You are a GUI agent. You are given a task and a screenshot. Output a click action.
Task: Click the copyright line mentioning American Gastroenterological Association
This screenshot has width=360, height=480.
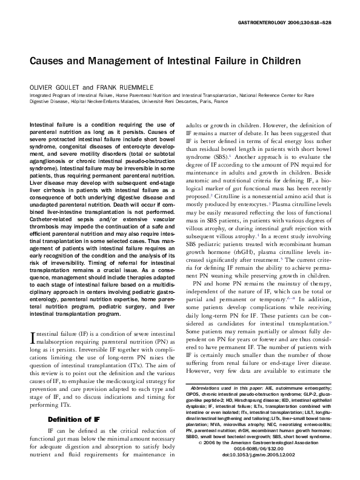(x=260, y=458)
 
